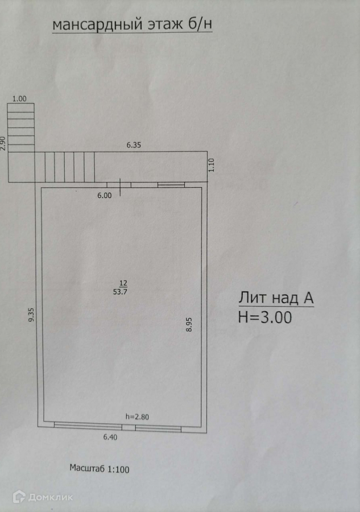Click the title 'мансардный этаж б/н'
click(x=132, y=24)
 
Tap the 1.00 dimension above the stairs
click(x=20, y=98)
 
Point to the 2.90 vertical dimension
click(x=3, y=142)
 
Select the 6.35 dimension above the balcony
click(x=134, y=145)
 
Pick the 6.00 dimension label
click(x=105, y=195)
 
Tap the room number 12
click(x=123, y=283)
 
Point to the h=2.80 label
click(x=137, y=417)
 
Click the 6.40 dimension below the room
click(x=110, y=437)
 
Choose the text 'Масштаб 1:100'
click(x=100, y=469)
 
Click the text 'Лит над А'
click(x=276, y=298)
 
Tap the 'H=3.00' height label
click(x=265, y=317)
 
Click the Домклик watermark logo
click(x=43, y=497)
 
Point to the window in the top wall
click(x=171, y=184)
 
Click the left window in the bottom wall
click(x=89, y=426)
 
